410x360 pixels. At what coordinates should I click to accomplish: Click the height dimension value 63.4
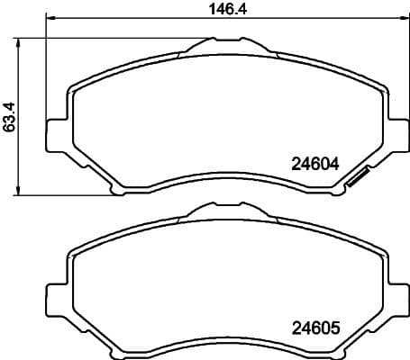pos(10,117)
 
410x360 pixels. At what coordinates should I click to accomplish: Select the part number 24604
pos(314,164)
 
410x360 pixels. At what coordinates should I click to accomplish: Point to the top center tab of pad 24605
pos(228,215)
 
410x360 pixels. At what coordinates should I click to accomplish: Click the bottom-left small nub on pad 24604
pos(114,190)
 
